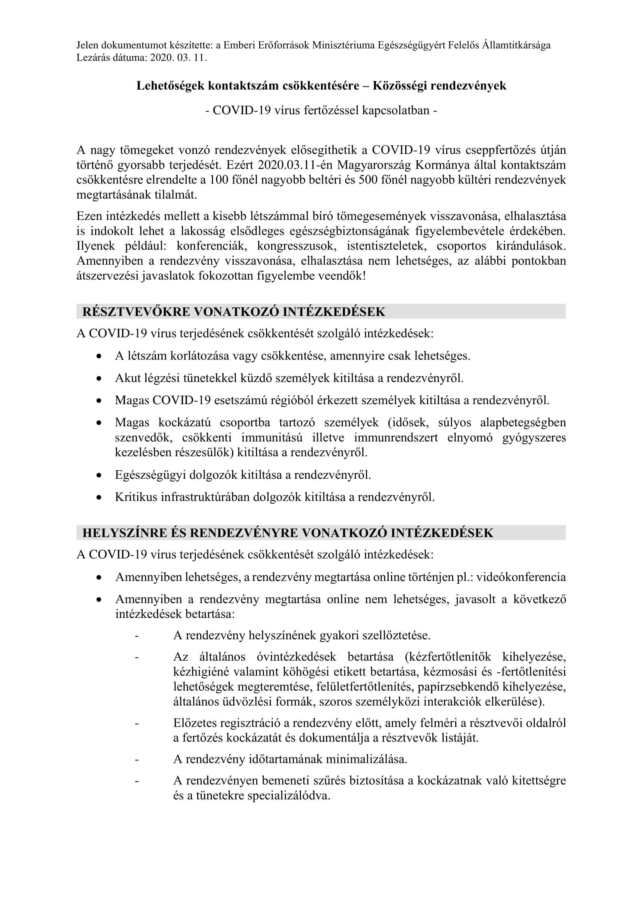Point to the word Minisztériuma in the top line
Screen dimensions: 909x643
pos(343,45)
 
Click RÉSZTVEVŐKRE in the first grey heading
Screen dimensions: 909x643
pos(136,312)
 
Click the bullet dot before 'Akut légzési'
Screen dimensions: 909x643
pos(99,379)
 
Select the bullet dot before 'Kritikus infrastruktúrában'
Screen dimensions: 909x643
pos(99,498)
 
